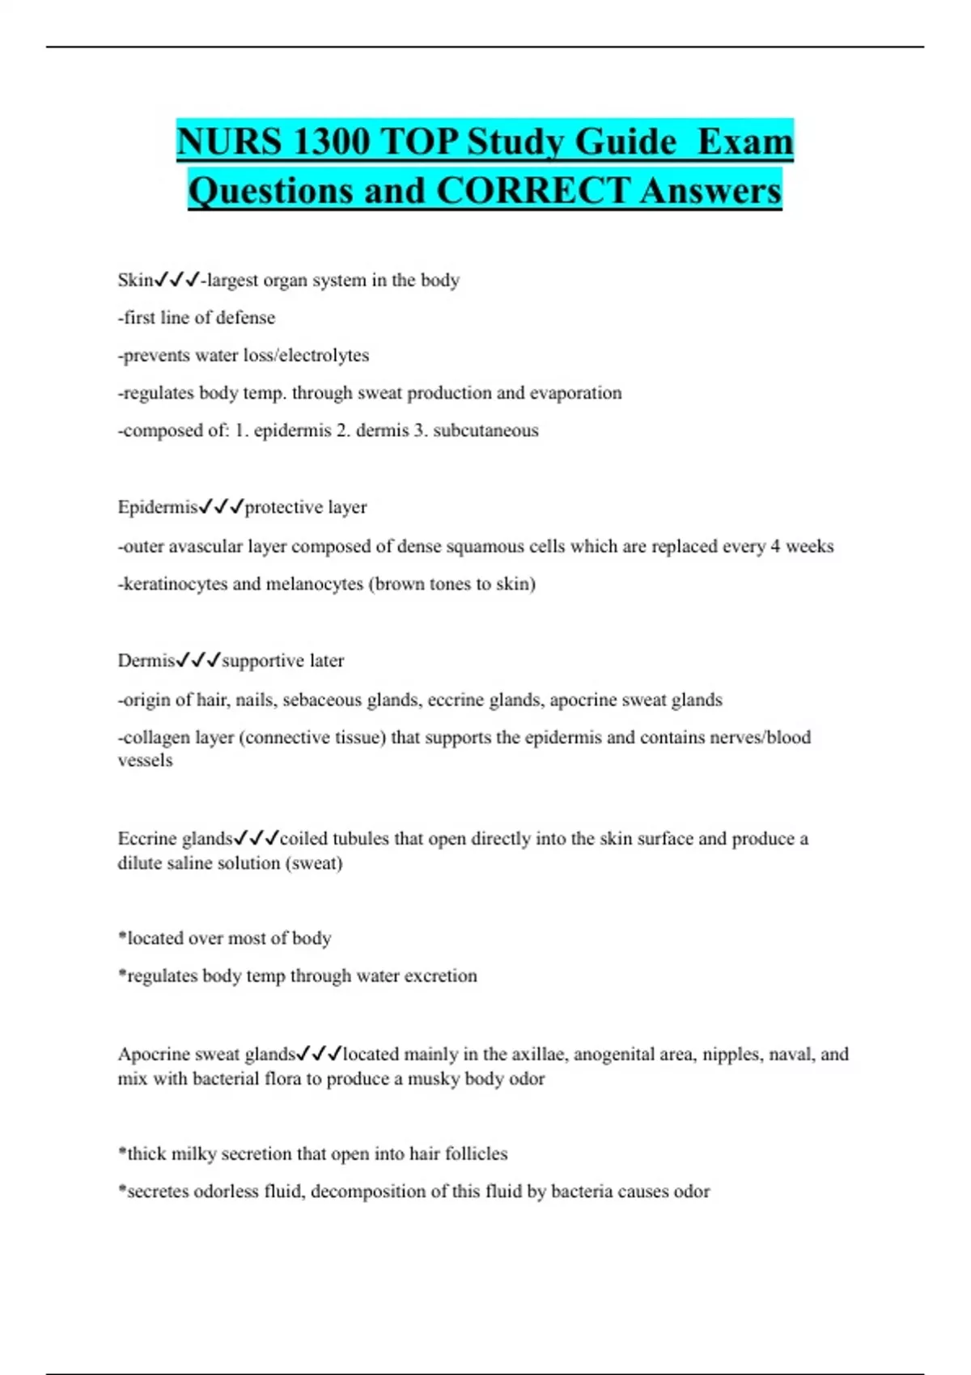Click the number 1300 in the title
[x=330, y=142]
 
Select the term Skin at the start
[x=135, y=280]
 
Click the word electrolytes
[x=324, y=355]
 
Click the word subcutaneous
[x=485, y=430]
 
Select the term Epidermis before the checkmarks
[x=157, y=507]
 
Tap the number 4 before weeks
[x=775, y=546]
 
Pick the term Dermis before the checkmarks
[x=146, y=661]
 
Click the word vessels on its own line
[x=145, y=760]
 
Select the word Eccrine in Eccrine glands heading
[x=146, y=839]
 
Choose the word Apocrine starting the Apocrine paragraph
[x=152, y=1054]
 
